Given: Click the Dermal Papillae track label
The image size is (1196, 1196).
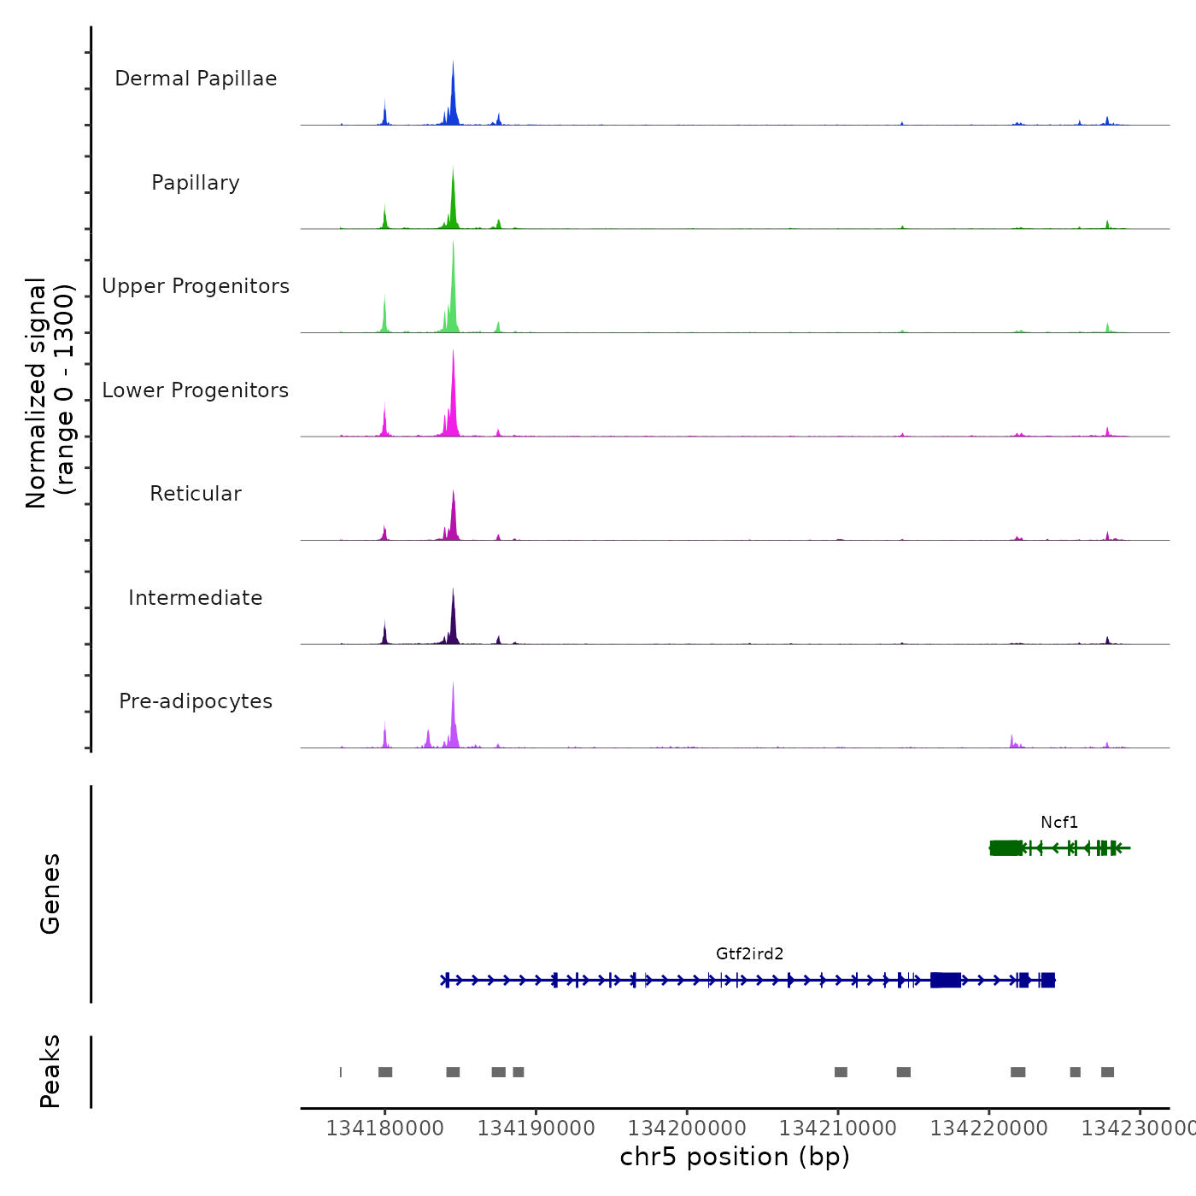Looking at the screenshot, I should pyautogui.click(x=196, y=79).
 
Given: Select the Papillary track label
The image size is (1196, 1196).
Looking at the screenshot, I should pyautogui.click(x=196, y=183).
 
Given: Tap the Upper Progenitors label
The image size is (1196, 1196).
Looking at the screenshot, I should pyautogui.click(x=196, y=286).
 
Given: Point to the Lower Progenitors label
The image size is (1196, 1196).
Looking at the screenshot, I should pyautogui.click(x=196, y=390).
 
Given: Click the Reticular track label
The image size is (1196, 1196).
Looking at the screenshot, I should pyautogui.click(x=196, y=494).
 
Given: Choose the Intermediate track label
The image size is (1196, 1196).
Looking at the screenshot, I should pyautogui.click(x=196, y=598).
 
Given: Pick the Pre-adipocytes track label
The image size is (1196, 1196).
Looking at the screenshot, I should pyautogui.click(x=196, y=701).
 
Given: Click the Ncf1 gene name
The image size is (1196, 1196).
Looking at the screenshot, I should pyautogui.click(x=1059, y=823).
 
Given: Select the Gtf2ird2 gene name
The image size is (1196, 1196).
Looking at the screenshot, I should pyautogui.click(x=749, y=954).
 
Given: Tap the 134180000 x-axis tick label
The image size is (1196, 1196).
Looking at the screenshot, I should pyautogui.click(x=385, y=1129).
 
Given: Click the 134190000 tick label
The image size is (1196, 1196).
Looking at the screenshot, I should pyautogui.click(x=536, y=1129).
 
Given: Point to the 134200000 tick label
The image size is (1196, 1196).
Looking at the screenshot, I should pyautogui.click(x=687, y=1129).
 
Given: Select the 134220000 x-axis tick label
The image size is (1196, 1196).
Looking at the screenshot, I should pyautogui.click(x=988, y=1129).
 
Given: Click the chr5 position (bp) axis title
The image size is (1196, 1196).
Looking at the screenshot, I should pyautogui.click(x=735, y=1158).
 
